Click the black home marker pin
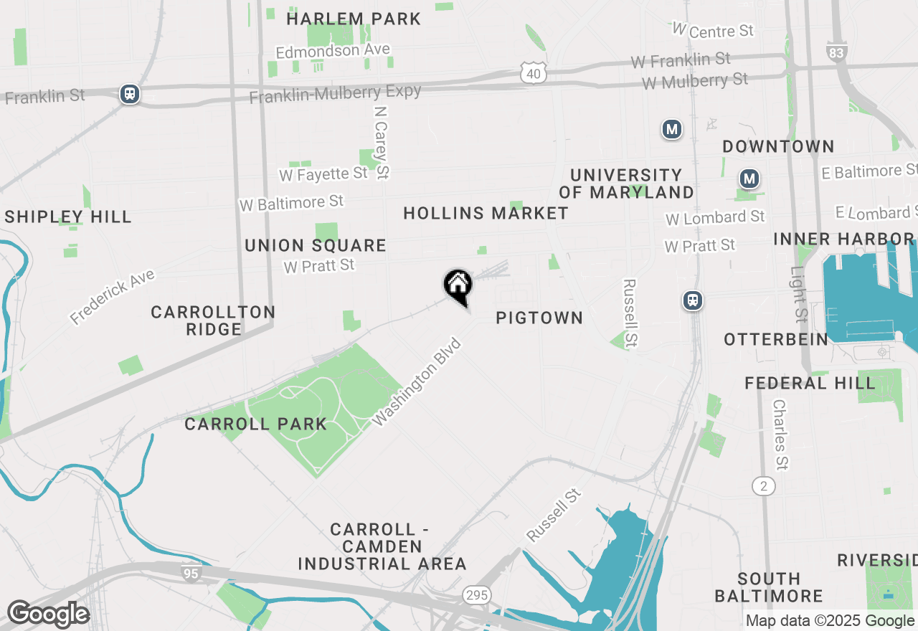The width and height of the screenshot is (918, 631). coord(458,285)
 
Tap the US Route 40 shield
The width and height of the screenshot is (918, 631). coord(534,72)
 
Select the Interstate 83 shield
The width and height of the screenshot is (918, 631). coord(836,51)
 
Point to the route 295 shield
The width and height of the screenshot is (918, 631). coord(477,594)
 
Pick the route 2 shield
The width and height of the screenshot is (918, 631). coord(765,486)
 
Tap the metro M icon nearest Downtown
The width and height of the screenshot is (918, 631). coord(749,178)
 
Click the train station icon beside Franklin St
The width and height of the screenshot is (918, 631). coord(130,93)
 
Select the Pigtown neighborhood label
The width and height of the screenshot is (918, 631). coord(539,318)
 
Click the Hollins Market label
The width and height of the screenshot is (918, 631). coord(486,213)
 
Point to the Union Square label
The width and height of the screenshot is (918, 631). coord(316,245)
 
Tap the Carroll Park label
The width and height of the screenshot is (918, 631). coord(255,424)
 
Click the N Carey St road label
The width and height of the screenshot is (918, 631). coord(382,142)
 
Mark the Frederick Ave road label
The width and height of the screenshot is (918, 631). coord(112,297)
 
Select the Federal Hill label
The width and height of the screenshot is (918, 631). coord(810,383)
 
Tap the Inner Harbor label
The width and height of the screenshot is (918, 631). coord(843,238)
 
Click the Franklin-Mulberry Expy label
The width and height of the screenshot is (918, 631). coord(335,93)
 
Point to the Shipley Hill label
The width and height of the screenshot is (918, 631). coord(68,217)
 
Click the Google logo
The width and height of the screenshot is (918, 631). coord(48,615)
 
